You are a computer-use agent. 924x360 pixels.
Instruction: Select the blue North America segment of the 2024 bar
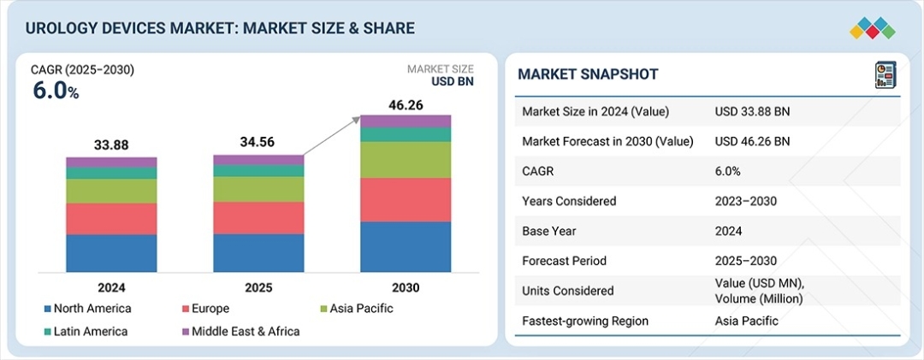(111, 253)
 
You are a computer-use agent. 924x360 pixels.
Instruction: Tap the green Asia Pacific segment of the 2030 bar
(405, 159)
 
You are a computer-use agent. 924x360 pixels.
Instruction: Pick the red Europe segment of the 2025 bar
(258, 217)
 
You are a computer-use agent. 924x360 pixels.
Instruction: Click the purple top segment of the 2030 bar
(405, 121)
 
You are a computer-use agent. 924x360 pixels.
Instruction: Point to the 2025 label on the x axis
(258, 288)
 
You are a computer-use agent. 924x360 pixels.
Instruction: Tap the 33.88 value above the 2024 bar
(111, 145)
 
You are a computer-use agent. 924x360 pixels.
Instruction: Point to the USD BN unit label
(452, 82)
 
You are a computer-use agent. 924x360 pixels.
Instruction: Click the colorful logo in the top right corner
(872, 28)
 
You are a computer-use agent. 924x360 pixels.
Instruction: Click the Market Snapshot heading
(588, 74)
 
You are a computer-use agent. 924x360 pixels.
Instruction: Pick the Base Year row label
(548, 231)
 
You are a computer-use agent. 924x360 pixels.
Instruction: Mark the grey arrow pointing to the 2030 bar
(332, 137)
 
